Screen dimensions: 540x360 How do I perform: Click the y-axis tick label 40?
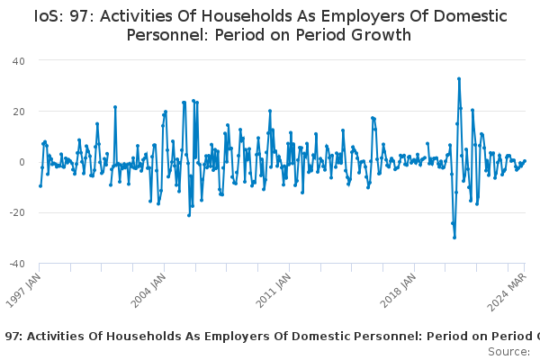click(x=19, y=61)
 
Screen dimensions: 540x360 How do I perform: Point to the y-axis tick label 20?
click(x=19, y=112)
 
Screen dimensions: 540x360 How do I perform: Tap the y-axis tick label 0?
click(x=22, y=162)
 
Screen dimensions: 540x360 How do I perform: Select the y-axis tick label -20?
click(x=17, y=212)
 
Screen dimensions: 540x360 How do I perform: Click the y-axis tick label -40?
click(x=17, y=264)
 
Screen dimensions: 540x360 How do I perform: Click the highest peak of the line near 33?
click(x=459, y=79)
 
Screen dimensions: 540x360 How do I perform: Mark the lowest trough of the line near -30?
click(x=454, y=238)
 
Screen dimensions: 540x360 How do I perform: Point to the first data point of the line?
click(x=40, y=186)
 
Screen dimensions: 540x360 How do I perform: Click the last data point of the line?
click(x=525, y=160)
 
